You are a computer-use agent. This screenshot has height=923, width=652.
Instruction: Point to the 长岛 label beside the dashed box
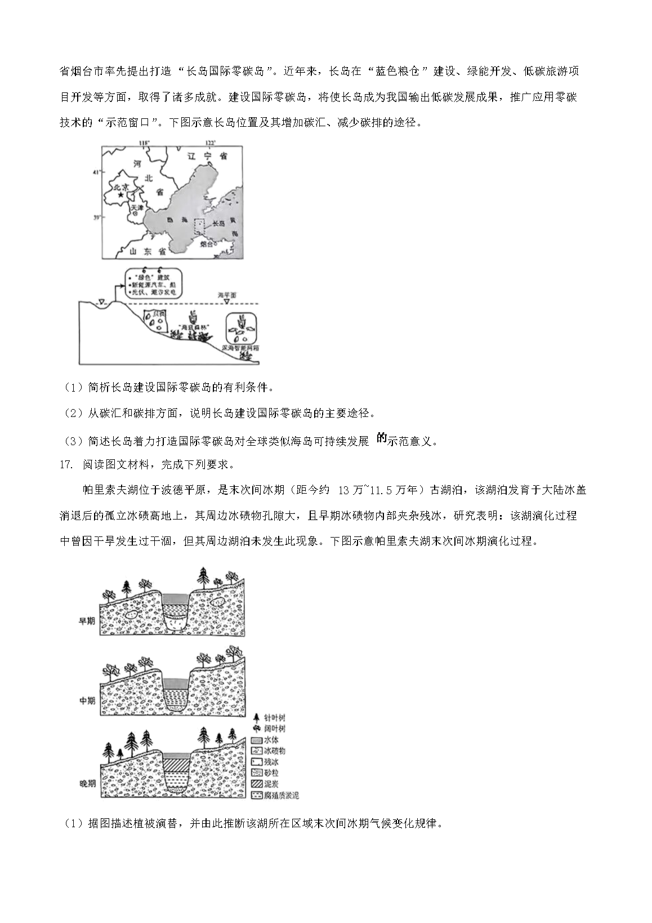tap(218, 224)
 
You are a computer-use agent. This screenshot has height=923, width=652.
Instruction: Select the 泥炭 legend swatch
tap(257, 784)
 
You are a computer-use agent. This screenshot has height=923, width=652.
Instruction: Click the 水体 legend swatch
tap(257, 740)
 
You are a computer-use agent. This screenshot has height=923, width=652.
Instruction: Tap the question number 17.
tap(66, 465)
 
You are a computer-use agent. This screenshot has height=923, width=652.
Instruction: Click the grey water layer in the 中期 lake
tap(176, 682)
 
